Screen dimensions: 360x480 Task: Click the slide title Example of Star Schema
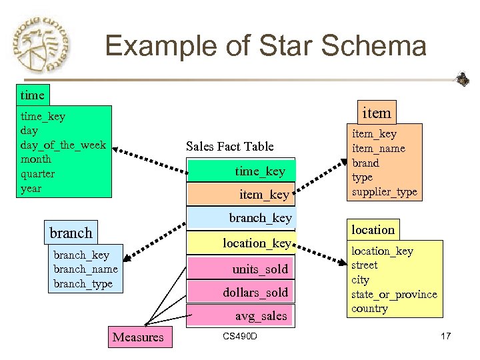(265, 47)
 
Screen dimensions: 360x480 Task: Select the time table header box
(32, 95)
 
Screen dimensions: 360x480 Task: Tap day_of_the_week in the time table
(63, 145)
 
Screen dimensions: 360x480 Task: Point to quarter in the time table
(38, 173)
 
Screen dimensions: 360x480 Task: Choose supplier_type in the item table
(384, 192)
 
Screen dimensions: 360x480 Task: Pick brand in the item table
(365, 163)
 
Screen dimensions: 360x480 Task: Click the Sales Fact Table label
(230, 146)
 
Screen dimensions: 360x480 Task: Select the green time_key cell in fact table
(241, 171)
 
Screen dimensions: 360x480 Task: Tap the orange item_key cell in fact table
(241, 194)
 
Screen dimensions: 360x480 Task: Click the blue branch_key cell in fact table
(241, 218)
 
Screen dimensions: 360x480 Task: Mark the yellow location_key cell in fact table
(241, 243)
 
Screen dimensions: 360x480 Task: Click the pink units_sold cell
(241, 269)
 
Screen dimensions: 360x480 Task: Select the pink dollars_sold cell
(241, 292)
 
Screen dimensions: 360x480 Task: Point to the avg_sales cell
(241, 315)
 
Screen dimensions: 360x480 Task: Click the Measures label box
(138, 337)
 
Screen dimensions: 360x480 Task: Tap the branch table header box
(71, 233)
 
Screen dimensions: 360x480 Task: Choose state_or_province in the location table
(394, 294)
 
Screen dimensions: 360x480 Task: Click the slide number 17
(445, 336)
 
